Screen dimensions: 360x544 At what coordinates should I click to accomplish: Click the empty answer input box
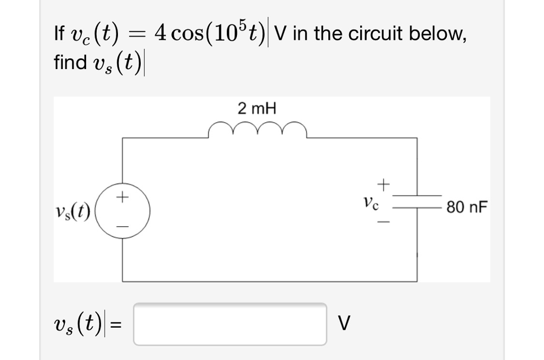point(230,323)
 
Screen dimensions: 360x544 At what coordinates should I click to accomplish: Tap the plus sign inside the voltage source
point(123,197)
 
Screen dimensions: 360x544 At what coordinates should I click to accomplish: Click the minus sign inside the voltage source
point(123,226)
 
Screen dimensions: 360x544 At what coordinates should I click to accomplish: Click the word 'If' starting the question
point(59,35)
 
